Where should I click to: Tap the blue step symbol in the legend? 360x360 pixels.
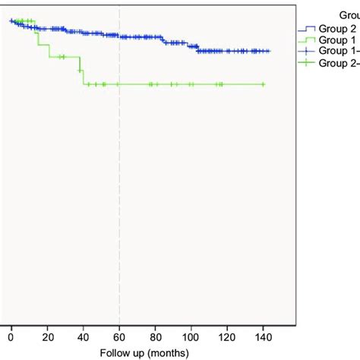pyautogui.click(x=305, y=29)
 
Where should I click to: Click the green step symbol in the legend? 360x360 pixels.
pyautogui.click(x=305, y=39)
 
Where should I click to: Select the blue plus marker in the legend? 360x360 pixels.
pyautogui.click(x=305, y=50)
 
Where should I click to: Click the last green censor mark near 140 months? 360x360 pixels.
pyautogui.click(x=263, y=84)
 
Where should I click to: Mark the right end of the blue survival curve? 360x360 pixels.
pyautogui.click(x=270, y=51)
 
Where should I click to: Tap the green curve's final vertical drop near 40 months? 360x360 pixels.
pyautogui.click(x=82, y=77)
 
